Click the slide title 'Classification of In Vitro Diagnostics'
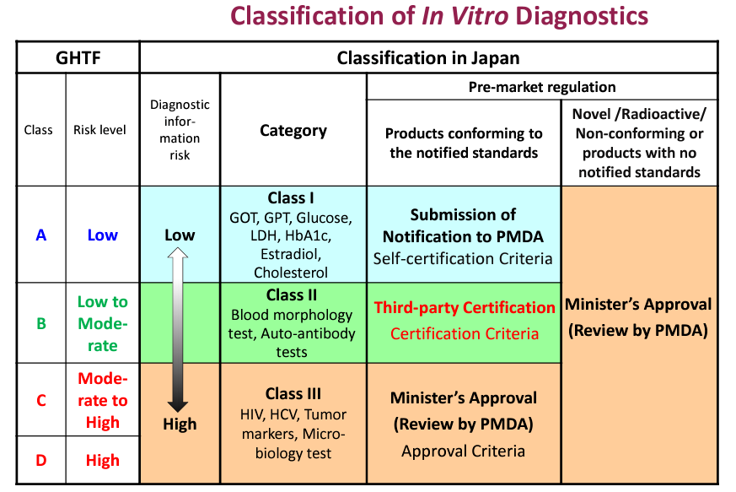tap(439, 16)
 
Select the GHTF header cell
tap(78, 57)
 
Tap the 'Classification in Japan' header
tap(427, 57)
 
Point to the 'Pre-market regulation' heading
tap(542, 87)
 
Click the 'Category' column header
tap(293, 130)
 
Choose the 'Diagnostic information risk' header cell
tap(179, 130)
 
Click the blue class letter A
tap(40, 235)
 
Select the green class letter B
tap(40, 323)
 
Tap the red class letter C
tap(40, 401)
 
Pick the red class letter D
tap(40, 461)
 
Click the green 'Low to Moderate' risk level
tap(103, 323)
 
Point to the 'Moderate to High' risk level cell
tap(103, 401)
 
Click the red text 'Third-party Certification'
tap(465, 308)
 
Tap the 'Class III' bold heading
tap(293, 394)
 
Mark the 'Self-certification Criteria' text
tap(464, 257)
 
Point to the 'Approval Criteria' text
tap(463, 451)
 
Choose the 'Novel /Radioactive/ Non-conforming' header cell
tap(638, 143)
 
